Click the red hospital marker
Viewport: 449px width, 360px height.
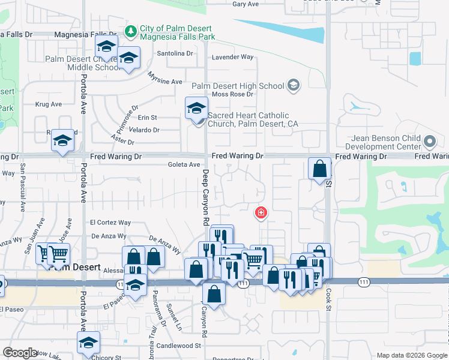pyautogui.click(x=261, y=212)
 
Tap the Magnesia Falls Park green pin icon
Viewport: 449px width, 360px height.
pyautogui.click(x=130, y=30)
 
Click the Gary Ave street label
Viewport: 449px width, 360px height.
pyautogui.click(x=245, y=4)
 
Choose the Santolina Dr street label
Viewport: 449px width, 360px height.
pyautogui.click(x=175, y=53)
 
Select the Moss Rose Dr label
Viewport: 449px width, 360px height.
pyautogui.click(x=233, y=94)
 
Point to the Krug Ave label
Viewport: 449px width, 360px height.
pyautogui.click(x=49, y=104)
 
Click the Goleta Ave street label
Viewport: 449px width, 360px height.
pyautogui.click(x=184, y=164)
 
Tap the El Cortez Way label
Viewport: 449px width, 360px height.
pyautogui.click(x=110, y=223)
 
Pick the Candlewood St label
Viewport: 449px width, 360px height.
pyautogui.click(x=180, y=346)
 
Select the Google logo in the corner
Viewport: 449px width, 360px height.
pyautogui.click(x=20, y=353)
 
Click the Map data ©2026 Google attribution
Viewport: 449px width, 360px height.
pyautogui.click(x=411, y=355)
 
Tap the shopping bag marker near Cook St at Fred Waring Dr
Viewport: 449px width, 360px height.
pyautogui.click(x=320, y=168)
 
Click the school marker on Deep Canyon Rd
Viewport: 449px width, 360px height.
pyautogui.click(x=196, y=108)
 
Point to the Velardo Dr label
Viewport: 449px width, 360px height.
pyautogui.click(x=144, y=130)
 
